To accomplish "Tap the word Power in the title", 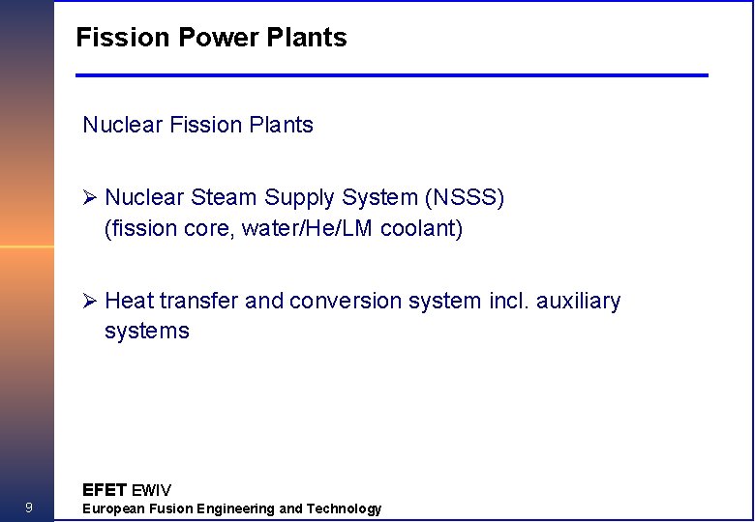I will click(205, 38).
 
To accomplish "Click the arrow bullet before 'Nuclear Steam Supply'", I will click(90, 198).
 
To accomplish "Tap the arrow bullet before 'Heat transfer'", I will click(90, 302).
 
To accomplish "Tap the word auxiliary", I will click(580, 302).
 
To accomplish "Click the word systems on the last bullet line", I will click(147, 332).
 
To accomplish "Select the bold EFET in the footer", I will click(105, 490).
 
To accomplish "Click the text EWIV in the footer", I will click(151, 490).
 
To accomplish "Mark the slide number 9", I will click(29, 508).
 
